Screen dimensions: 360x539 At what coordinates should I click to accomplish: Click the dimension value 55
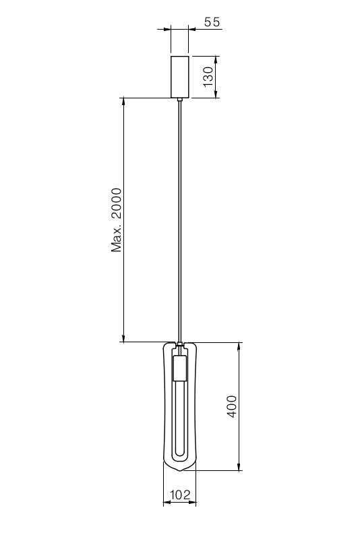212,22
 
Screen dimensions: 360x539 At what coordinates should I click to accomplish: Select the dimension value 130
208,77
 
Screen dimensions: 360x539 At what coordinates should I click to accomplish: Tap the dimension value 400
232,406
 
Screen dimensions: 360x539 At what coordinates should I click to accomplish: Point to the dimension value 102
180,495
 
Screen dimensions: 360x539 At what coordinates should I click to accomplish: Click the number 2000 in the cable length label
117,203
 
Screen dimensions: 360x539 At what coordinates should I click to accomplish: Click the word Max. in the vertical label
117,239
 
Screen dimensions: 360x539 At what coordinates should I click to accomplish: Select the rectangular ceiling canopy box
180,77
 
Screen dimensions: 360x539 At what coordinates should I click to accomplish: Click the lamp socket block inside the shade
179,368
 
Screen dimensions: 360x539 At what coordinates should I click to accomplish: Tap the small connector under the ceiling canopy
180,100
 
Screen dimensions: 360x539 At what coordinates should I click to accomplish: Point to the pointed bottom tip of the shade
180,470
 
